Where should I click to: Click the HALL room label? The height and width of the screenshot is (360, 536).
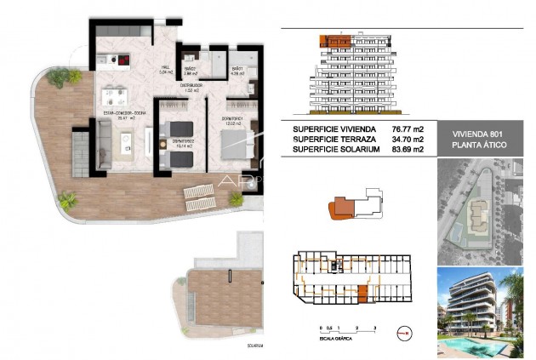pyautogui.click(x=167, y=71)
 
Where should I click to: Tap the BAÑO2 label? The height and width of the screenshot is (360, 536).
pyautogui.click(x=191, y=71)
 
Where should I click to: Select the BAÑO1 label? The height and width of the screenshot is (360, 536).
pyautogui.click(x=239, y=71)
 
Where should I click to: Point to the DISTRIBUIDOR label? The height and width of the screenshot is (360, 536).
pyautogui.click(x=191, y=87)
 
